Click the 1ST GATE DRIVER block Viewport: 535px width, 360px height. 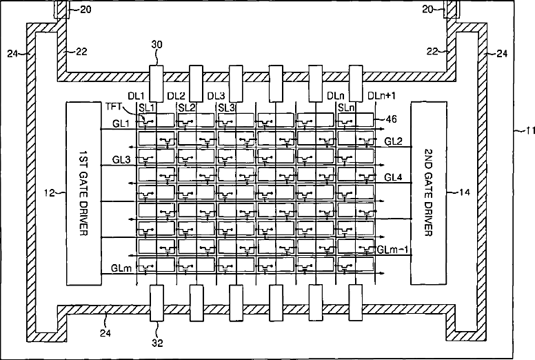83,193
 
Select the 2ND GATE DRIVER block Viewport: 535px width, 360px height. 429,193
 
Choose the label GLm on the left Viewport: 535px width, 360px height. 121,266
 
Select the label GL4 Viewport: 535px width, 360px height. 394,177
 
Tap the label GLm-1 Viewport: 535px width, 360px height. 392,248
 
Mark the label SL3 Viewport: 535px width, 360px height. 226,107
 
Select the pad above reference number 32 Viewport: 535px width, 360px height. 156,304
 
